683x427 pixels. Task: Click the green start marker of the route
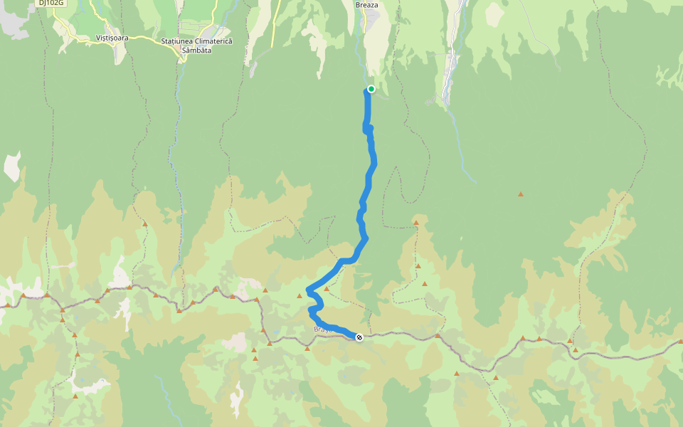(x=371, y=89)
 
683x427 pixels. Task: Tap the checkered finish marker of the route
(x=359, y=337)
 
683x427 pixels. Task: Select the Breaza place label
(x=368, y=5)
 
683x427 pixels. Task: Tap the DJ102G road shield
(x=52, y=3)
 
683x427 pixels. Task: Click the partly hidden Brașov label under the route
(x=322, y=330)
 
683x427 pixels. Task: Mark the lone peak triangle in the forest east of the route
(x=521, y=194)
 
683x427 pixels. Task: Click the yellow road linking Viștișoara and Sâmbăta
(x=146, y=38)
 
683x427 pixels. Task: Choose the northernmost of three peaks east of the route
(x=416, y=223)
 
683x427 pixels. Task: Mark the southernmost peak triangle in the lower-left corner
(x=75, y=396)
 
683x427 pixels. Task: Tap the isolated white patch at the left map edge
(x=12, y=166)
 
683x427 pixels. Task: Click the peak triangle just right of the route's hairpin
(x=327, y=289)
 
